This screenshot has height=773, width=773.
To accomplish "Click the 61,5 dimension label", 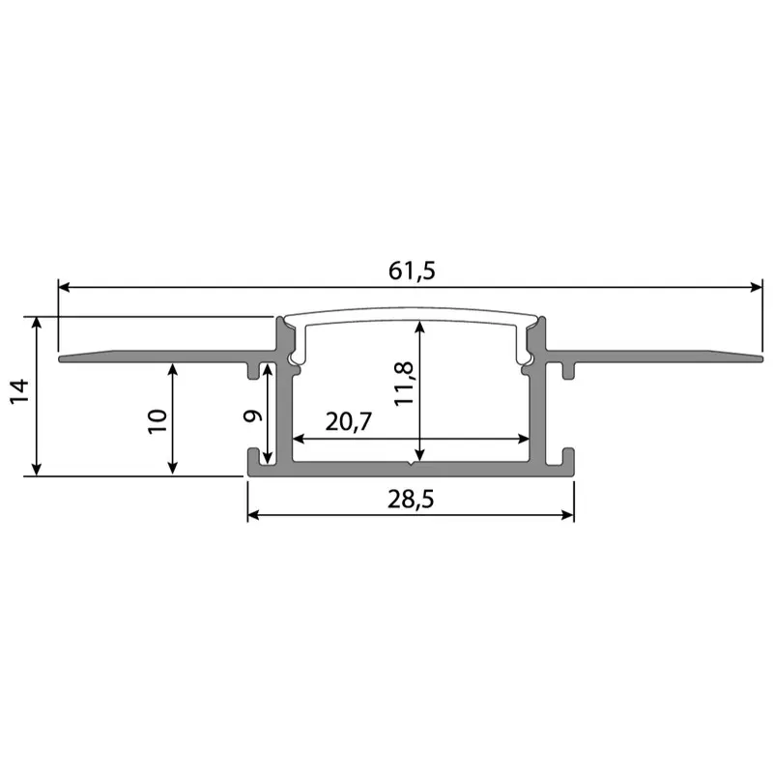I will [413, 272].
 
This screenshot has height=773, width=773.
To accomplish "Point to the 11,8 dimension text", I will [404, 383].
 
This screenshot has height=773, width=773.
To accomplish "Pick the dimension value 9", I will [252, 416].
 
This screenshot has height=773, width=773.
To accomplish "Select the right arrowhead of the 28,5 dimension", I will [568, 515].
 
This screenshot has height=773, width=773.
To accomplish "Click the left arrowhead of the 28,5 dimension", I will [254, 515].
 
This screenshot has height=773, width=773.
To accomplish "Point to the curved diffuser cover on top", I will [411, 315].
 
